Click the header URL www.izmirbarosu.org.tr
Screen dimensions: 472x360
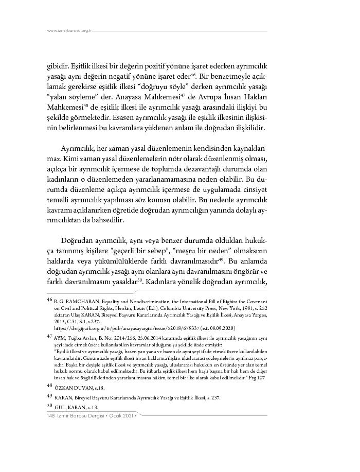pyautogui.click(x=69, y=31)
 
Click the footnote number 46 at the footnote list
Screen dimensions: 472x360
pyautogui.click(x=49, y=299)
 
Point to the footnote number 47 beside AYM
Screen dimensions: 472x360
pyautogui.click(x=49, y=335)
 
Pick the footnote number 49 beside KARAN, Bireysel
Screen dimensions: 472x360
pyautogui.click(x=49, y=395)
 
